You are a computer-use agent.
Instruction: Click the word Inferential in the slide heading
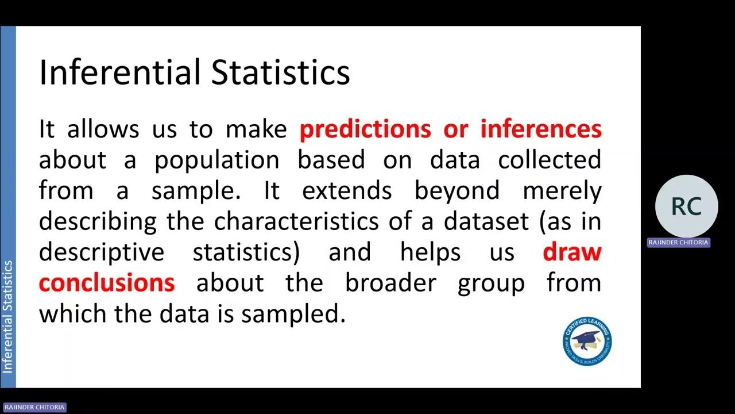click(x=119, y=73)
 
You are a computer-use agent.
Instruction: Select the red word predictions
click(x=365, y=129)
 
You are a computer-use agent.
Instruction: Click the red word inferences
click(x=541, y=129)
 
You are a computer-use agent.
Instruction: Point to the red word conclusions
click(x=107, y=282)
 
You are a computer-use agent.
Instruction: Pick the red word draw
click(x=572, y=252)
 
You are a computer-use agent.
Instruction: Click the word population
click(x=216, y=160)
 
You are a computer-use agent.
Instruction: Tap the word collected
click(x=550, y=160)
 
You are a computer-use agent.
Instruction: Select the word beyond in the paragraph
click(x=457, y=191)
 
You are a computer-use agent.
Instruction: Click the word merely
click(x=562, y=191)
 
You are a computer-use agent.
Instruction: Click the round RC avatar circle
click(x=686, y=206)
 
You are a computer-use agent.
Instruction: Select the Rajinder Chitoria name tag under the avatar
click(x=678, y=243)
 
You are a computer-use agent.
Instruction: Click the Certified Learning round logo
click(x=587, y=342)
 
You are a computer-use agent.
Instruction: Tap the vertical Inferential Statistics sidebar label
click(x=8, y=317)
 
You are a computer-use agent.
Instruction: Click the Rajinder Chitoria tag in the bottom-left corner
click(x=34, y=407)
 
